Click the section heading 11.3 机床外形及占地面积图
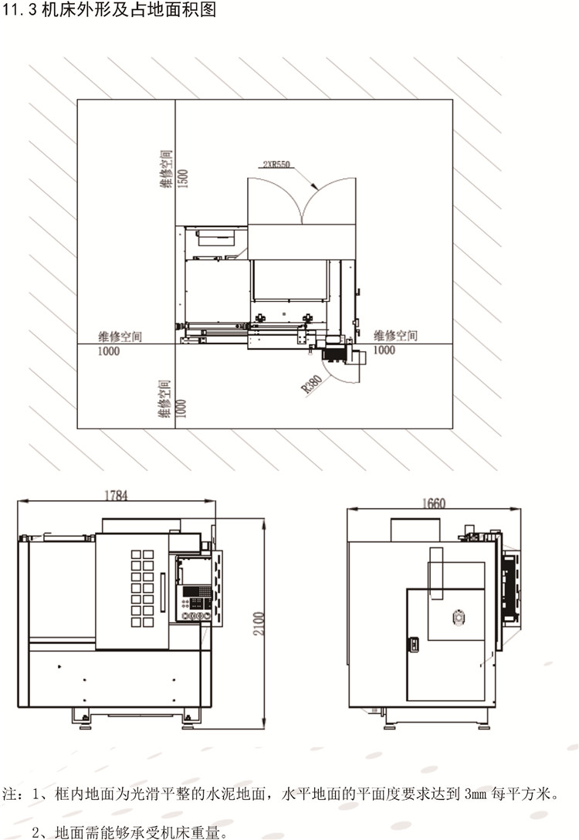click(109, 9)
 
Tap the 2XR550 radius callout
click(276, 164)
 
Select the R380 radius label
click(312, 384)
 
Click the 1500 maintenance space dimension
click(183, 178)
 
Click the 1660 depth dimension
click(434, 503)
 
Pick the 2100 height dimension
click(259, 624)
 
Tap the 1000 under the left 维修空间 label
click(108, 351)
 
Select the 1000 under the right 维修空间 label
click(384, 350)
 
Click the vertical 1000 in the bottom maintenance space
click(181, 408)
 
